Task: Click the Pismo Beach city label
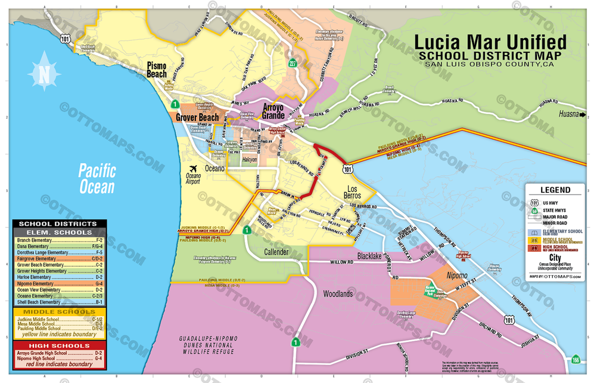click(x=157, y=70)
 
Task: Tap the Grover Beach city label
click(x=197, y=118)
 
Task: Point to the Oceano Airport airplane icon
click(x=193, y=169)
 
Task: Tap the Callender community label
click(x=276, y=252)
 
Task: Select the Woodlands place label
click(x=338, y=294)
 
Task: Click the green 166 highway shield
click(x=575, y=360)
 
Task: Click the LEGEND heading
click(x=555, y=190)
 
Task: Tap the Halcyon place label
click(x=250, y=159)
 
